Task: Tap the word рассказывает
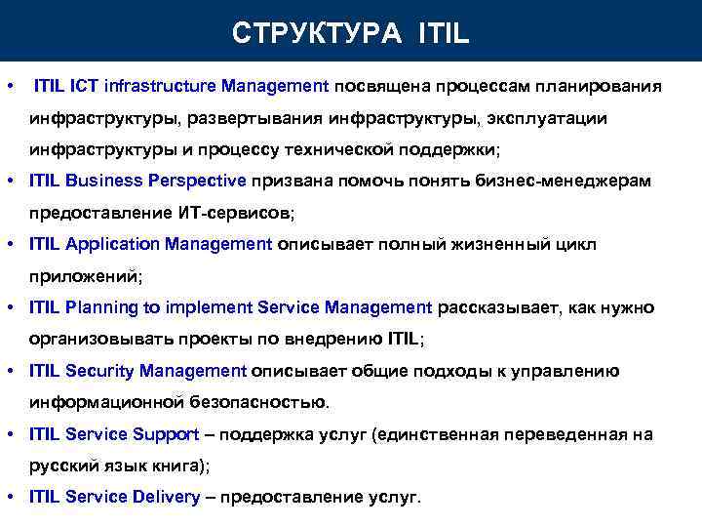point(498,307)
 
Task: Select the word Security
point(99,371)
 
